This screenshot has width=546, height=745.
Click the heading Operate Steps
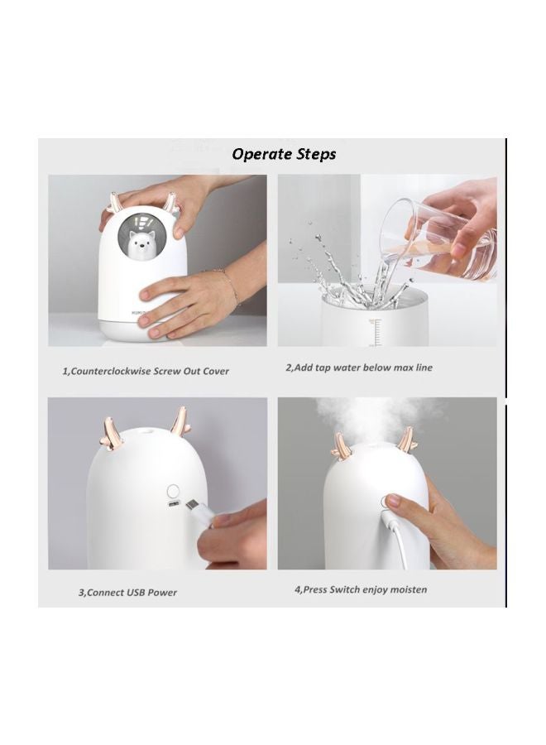(x=284, y=154)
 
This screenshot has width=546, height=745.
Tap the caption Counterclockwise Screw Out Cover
(x=146, y=371)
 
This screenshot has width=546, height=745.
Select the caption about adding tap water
(x=359, y=368)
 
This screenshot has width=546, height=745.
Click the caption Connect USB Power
(x=127, y=592)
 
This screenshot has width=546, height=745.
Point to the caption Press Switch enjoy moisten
(x=361, y=590)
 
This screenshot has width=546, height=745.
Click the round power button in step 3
(x=175, y=489)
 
